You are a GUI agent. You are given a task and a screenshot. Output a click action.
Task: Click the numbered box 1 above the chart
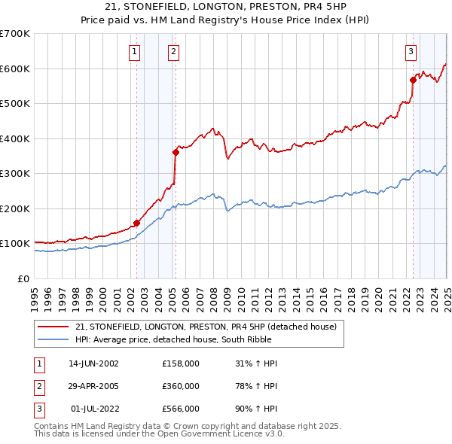click(134, 52)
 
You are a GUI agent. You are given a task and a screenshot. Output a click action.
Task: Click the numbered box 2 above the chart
click(173, 52)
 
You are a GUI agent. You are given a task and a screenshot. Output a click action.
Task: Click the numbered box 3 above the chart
click(411, 52)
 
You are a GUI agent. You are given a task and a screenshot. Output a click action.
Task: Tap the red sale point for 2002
click(137, 223)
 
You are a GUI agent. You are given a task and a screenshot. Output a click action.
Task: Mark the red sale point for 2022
click(413, 80)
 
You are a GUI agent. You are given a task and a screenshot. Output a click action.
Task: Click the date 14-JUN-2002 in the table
click(93, 363)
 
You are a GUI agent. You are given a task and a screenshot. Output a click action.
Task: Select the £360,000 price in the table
click(181, 386)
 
